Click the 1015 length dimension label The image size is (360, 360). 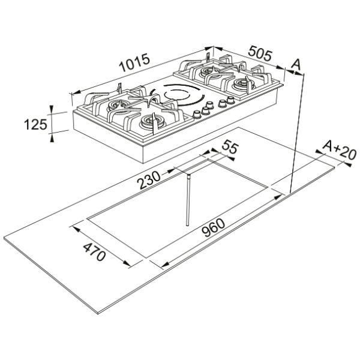(x=134, y=62)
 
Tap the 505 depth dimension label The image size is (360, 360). (x=260, y=53)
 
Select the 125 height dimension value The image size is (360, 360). (x=35, y=125)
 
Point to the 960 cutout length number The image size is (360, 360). (x=214, y=228)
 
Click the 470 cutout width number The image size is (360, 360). (x=94, y=252)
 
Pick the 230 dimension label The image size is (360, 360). (x=149, y=180)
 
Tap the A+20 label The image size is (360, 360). (x=340, y=150)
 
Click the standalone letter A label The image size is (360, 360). (x=296, y=64)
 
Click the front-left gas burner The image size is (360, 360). (x=152, y=121)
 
